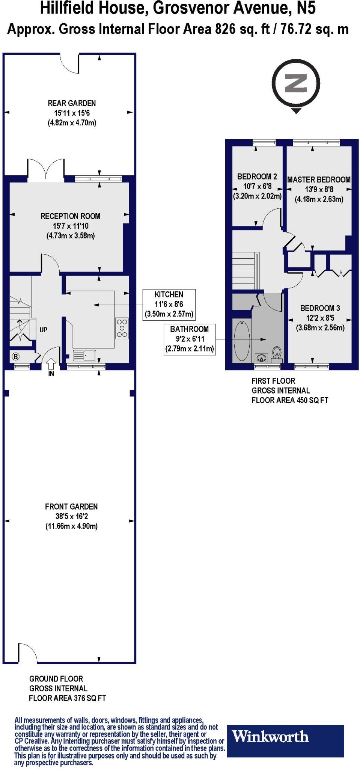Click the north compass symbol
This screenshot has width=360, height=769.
point(296,84)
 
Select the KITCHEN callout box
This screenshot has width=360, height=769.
point(169,304)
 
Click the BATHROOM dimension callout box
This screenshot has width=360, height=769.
point(189,339)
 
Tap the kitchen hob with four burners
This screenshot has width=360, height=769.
point(122,328)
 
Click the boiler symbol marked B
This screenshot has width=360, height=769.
point(16,356)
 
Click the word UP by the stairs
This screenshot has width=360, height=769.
point(43,330)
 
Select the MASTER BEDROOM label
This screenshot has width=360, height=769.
point(319,180)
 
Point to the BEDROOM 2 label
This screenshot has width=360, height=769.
point(257,176)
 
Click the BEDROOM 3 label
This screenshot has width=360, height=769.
point(320,308)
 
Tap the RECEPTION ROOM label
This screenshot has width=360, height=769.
point(71,216)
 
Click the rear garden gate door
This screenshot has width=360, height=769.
point(71,63)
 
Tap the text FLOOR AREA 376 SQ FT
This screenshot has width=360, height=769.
point(67,698)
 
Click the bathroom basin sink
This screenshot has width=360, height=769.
point(261,356)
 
